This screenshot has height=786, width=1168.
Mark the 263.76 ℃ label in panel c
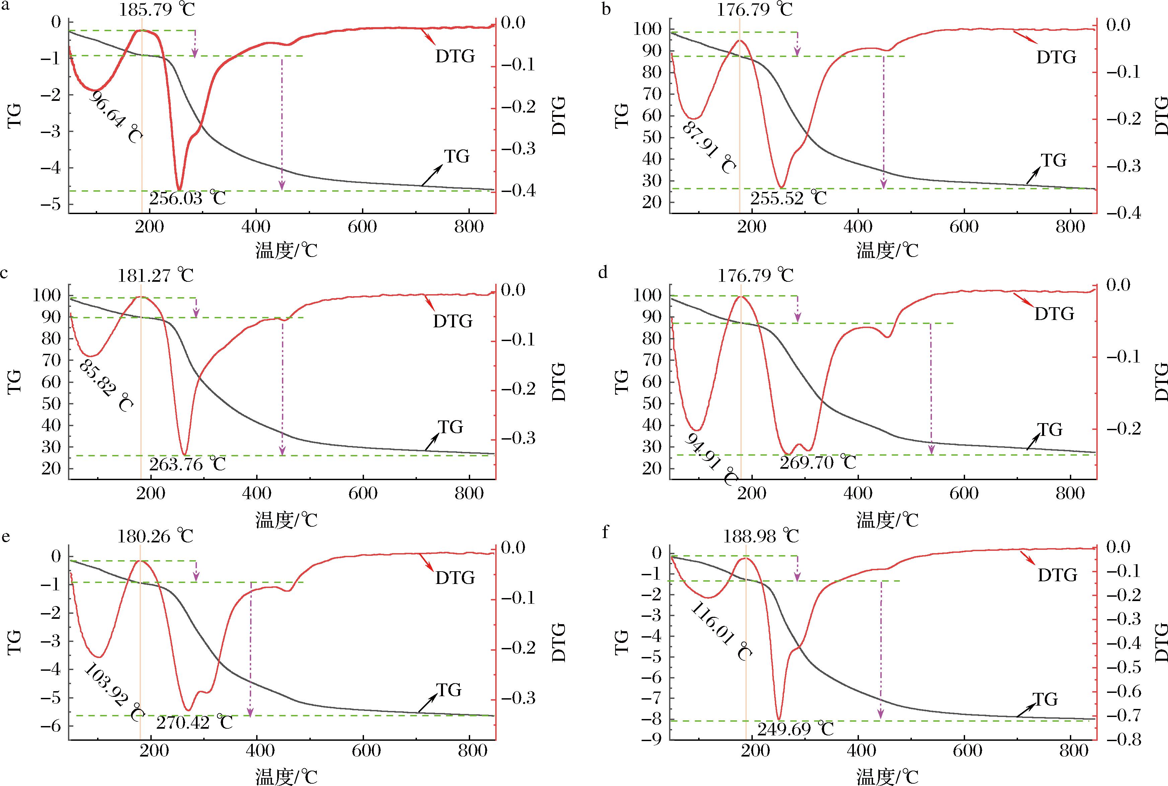click(187, 464)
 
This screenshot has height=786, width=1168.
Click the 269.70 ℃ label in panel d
click(817, 462)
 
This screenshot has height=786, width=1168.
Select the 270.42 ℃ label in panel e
click(194, 722)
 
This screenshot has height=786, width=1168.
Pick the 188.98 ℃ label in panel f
click(761, 536)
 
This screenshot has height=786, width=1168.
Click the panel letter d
click(603, 272)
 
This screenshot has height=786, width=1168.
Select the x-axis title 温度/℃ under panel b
click(887, 250)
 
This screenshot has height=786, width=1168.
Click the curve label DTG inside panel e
click(455, 578)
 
